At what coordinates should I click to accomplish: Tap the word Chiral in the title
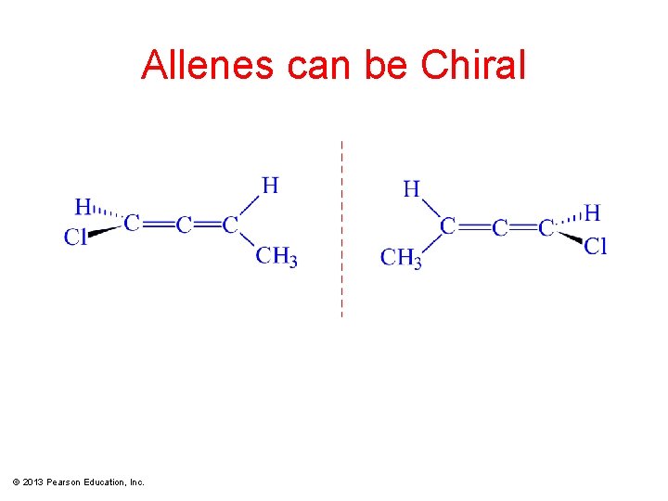(473, 65)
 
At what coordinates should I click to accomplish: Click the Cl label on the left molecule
(75, 238)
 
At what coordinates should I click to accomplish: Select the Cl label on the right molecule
(596, 246)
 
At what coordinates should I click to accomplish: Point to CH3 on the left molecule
(276, 255)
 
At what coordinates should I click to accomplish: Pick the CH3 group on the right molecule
(401, 257)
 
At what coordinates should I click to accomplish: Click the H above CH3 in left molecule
(270, 186)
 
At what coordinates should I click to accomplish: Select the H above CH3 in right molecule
(412, 189)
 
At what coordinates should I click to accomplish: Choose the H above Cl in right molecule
(592, 213)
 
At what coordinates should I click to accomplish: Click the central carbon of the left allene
(184, 225)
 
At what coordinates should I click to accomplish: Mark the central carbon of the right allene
(500, 227)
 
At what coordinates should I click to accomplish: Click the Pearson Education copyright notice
(79, 482)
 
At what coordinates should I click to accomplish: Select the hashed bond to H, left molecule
(108, 214)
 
